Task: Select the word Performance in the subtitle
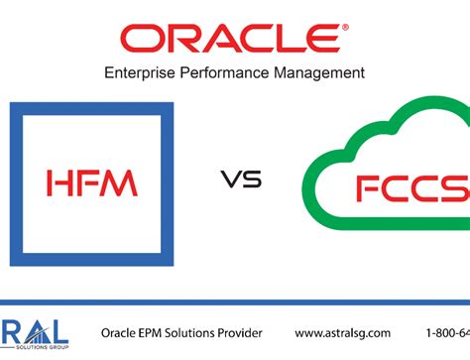coord(237,71)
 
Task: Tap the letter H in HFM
coord(59,181)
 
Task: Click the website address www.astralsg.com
coord(343,332)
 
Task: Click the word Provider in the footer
coord(261,332)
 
